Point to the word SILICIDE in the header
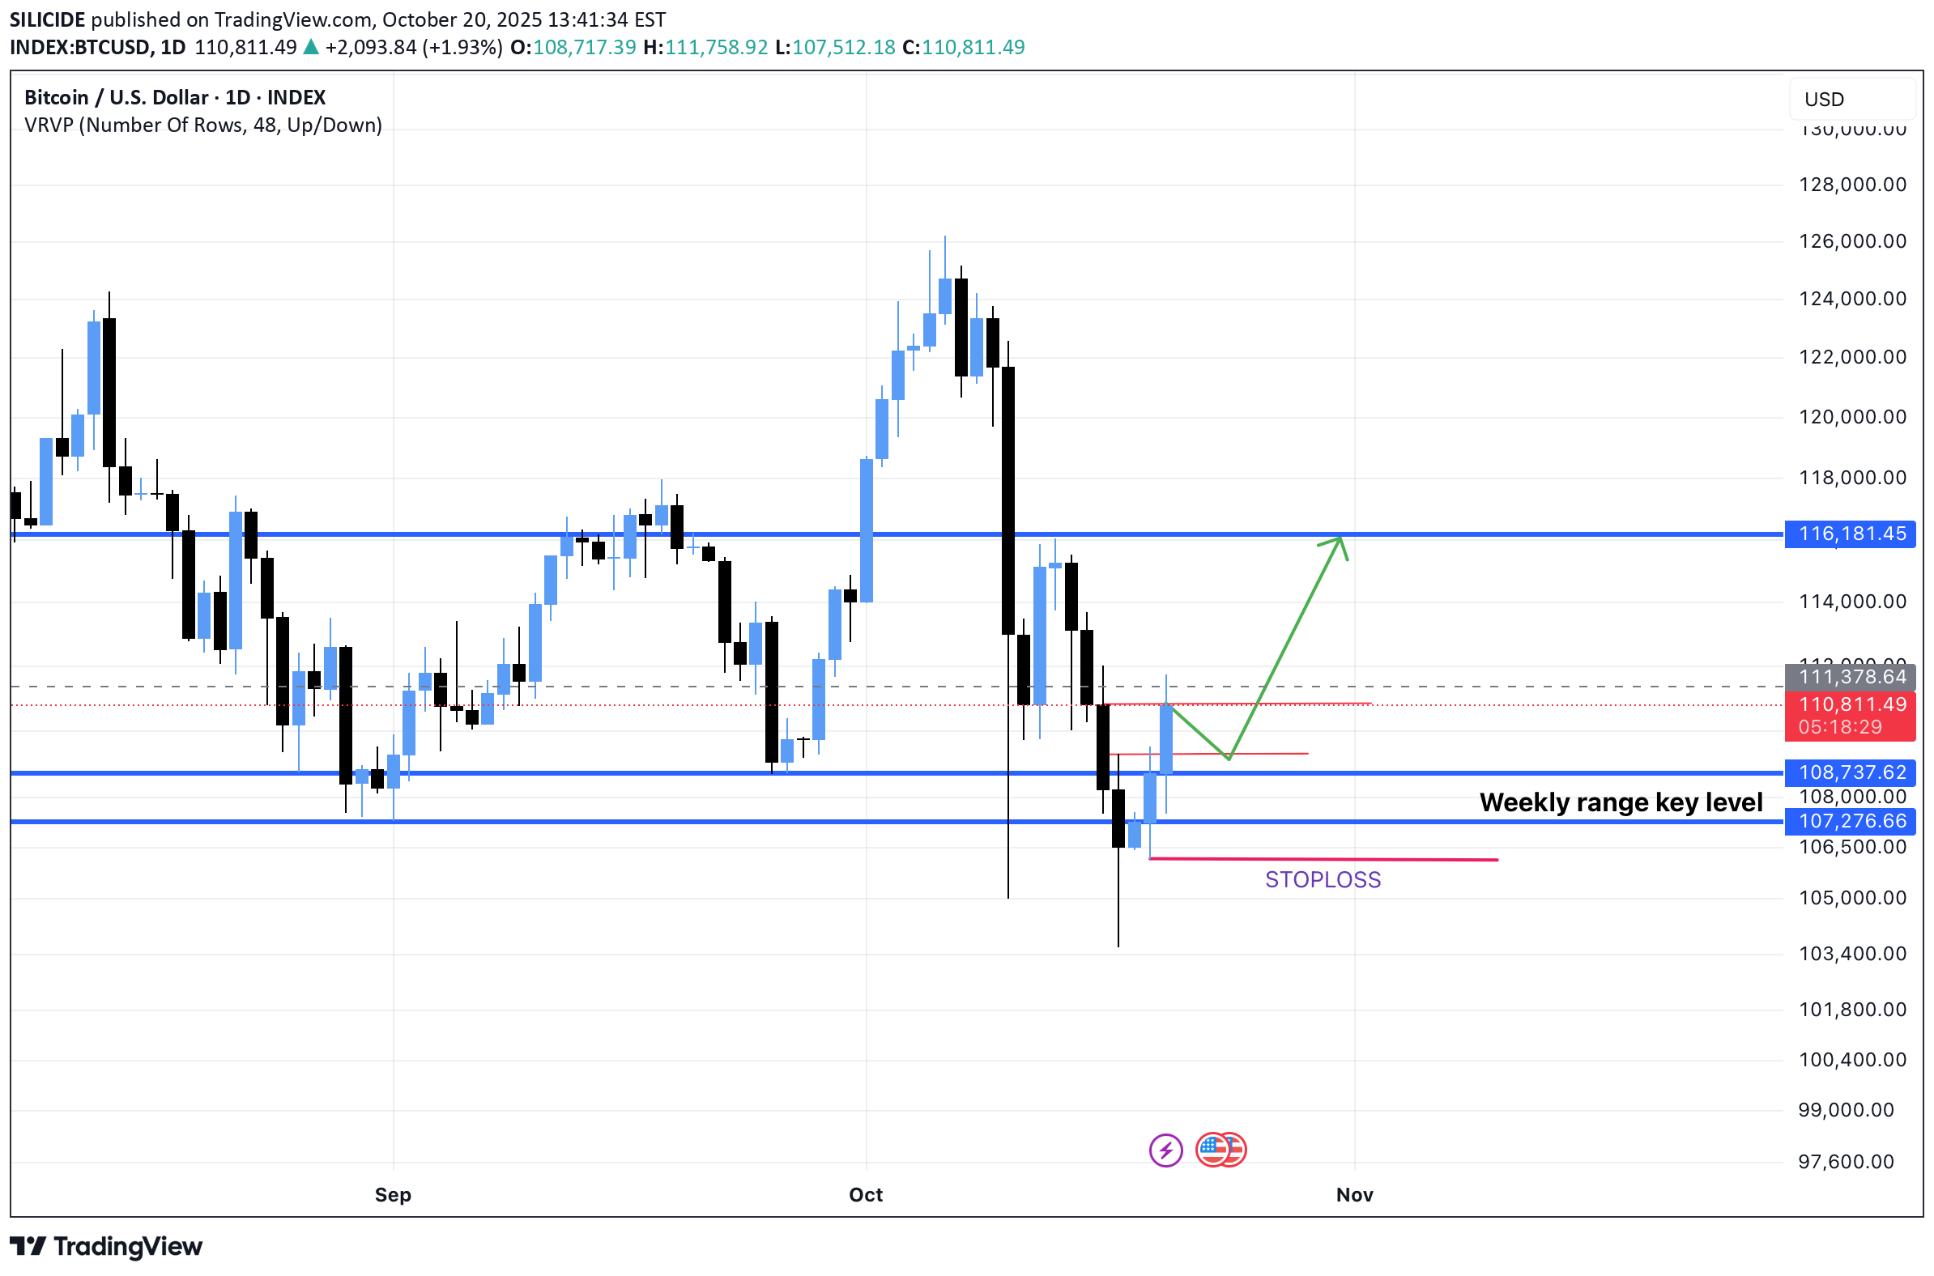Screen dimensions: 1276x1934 click(x=46, y=19)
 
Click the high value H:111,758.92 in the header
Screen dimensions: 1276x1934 click(x=705, y=47)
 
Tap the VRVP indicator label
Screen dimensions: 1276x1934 click(x=202, y=125)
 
